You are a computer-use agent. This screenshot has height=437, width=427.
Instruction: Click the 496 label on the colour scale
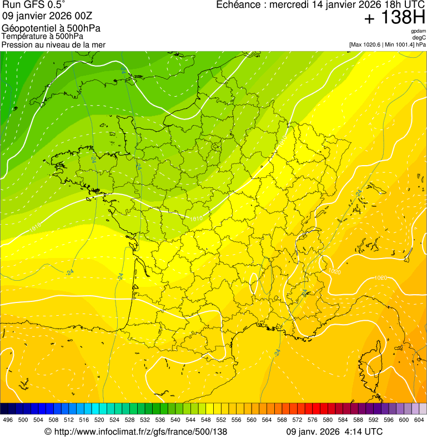pos(8,420)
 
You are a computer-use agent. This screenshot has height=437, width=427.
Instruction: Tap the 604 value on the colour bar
pos(419,420)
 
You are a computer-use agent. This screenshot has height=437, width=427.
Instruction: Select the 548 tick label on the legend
pos(205,420)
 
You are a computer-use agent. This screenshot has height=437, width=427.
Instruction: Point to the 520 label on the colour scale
pos(99,420)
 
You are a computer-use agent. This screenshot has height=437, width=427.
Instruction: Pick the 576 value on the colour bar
pos(312,420)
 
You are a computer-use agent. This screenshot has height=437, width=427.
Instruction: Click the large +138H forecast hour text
pos(394,18)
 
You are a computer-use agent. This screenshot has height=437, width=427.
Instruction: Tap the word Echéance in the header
pos(237,5)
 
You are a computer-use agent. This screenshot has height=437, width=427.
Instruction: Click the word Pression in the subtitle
pos(16,44)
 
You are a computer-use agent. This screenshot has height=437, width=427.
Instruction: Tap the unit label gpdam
pos(418,31)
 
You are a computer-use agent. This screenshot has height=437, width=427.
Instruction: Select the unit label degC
pos(419,37)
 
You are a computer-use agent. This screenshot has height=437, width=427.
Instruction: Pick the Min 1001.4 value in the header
pos(399,44)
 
